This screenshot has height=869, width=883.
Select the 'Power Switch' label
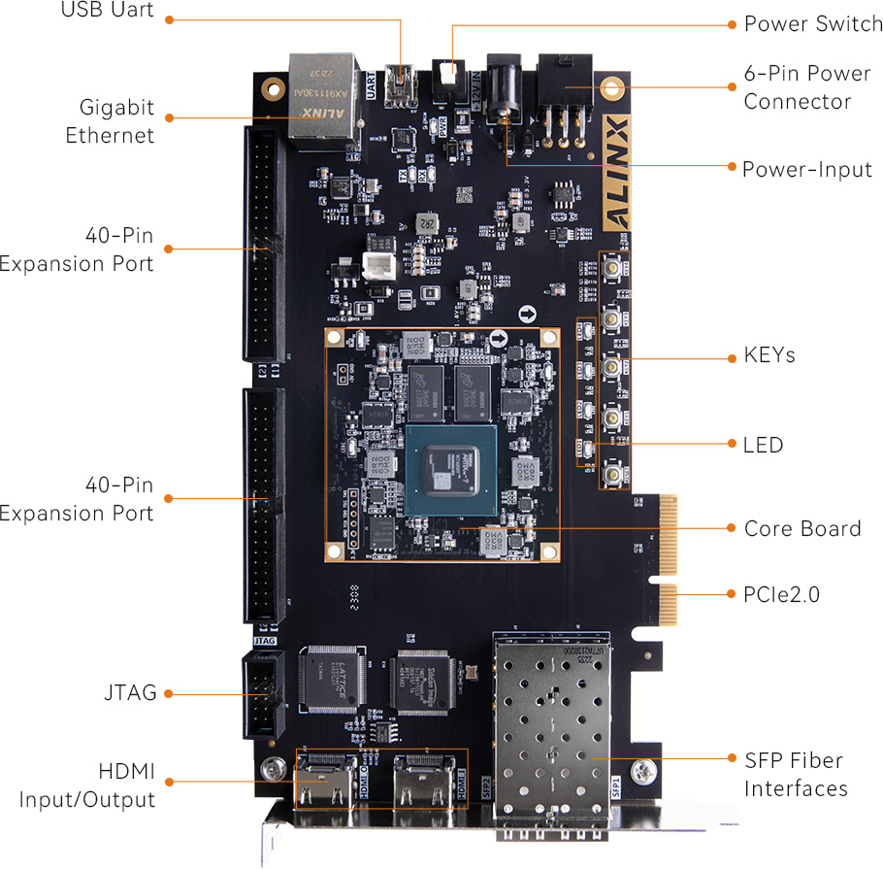click(813, 23)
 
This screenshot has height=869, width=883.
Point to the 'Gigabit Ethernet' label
click(110, 121)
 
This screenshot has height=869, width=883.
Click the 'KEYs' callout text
click(769, 355)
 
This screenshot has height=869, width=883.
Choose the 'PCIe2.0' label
click(781, 594)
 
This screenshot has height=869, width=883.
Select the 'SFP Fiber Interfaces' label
click(795, 774)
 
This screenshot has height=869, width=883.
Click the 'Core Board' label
click(802, 528)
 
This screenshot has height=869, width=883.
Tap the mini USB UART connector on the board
click(398, 85)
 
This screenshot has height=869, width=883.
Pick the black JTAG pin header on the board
click(262, 694)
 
